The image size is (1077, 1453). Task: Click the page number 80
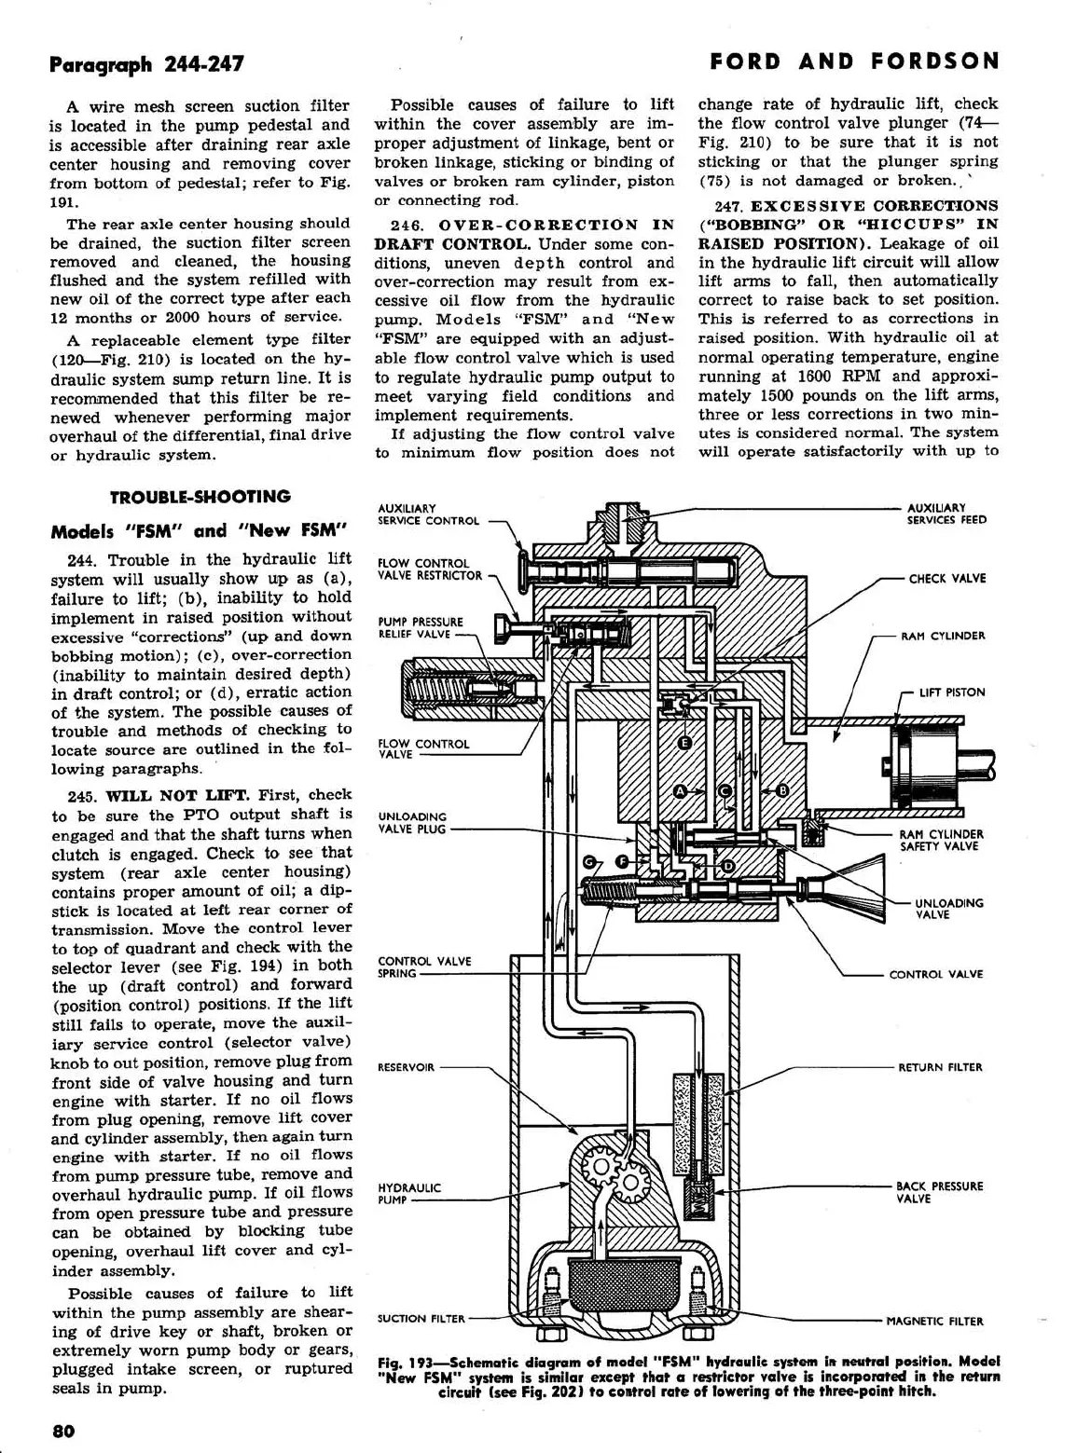pos(63,1431)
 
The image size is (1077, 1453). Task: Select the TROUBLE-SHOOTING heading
pos(200,497)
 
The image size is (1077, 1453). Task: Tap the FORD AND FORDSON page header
pos(854,62)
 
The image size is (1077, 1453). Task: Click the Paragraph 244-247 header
pos(147,64)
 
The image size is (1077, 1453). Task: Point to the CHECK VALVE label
pos(946,579)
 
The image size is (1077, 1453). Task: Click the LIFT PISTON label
pos(951,692)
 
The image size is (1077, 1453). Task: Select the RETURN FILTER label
pos(940,1067)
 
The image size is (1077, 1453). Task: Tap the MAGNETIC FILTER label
pos(934,1321)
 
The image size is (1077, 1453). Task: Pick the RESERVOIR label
pos(406,1067)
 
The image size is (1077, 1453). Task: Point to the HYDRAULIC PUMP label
pos(409,1193)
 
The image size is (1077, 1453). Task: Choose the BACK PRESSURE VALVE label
pos(939,1192)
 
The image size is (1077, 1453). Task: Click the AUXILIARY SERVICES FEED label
pos(946,514)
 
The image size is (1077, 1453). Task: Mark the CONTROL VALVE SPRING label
pos(424,966)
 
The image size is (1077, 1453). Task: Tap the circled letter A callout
pos(680,790)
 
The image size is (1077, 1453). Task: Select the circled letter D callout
pos(728,866)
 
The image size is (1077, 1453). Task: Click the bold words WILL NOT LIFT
pos(177,795)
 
